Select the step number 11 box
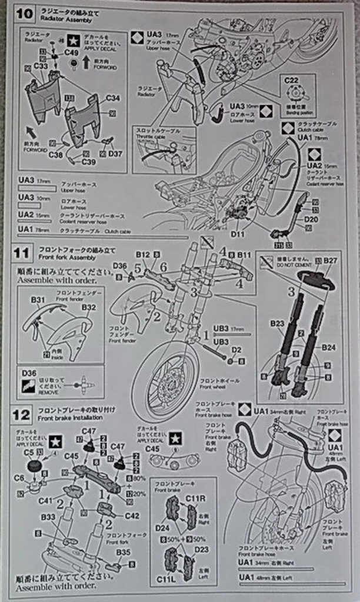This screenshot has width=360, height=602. click(x=21, y=253)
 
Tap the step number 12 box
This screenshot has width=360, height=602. click(x=21, y=415)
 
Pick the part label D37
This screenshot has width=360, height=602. click(x=116, y=154)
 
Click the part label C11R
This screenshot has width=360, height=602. click(x=195, y=499)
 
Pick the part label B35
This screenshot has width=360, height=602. click(x=123, y=552)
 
